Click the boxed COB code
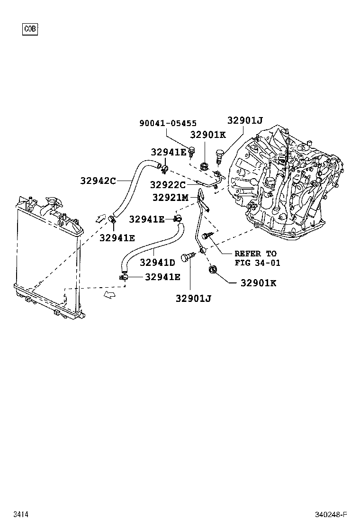(30, 29)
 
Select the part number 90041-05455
(168, 123)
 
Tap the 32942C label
(98, 181)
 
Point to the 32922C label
(168, 185)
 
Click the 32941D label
(157, 262)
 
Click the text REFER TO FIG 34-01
(255, 258)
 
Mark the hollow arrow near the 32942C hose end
(100, 218)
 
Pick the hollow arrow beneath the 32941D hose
(109, 295)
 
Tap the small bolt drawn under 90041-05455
(192, 152)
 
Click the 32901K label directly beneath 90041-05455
(208, 135)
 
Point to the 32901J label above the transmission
(244, 120)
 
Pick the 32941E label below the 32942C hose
(117, 237)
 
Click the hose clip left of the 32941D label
(124, 275)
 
